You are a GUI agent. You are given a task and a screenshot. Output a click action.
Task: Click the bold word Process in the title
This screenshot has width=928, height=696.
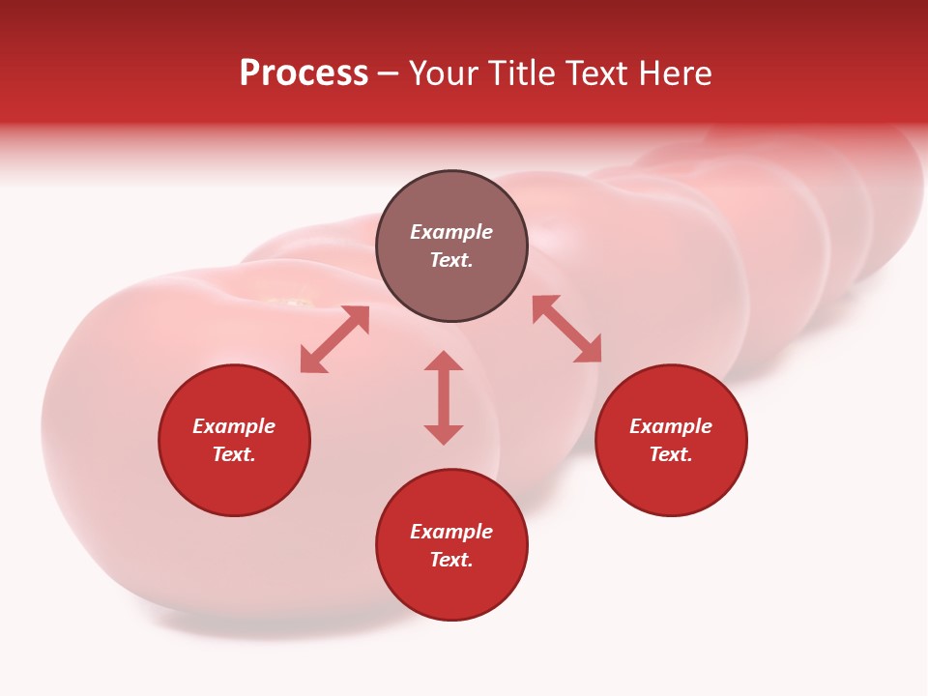click(304, 73)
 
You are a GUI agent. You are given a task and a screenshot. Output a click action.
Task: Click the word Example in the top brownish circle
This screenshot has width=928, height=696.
click(451, 232)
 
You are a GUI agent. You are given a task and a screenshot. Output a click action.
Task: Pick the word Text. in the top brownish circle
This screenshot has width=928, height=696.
click(451, 260)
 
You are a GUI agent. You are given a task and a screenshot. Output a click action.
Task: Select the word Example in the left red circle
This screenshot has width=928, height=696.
click(234, 426)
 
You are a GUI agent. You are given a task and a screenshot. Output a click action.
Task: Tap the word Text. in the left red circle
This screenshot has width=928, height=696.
click(234, 454)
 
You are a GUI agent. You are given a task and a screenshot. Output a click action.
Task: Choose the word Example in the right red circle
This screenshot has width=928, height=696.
click(671, 426)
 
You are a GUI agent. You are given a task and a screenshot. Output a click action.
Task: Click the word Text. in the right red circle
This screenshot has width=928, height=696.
click(671, 454)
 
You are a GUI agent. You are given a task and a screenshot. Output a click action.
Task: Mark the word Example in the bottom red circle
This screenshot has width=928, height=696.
click(451, 532)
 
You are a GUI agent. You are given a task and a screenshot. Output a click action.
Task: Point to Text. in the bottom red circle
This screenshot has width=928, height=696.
click(451, 560)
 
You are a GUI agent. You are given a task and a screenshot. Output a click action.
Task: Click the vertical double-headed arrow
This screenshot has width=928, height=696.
click(444, 397)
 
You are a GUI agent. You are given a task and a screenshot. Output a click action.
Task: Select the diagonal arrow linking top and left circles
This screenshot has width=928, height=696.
click(334, 339)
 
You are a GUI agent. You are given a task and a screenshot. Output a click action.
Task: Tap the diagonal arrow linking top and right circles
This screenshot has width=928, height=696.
click(566, 329)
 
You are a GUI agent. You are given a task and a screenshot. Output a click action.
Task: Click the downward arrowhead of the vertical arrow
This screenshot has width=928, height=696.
click(444, 434)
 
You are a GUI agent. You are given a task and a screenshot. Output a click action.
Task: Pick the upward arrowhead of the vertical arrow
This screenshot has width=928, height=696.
click(444, 362)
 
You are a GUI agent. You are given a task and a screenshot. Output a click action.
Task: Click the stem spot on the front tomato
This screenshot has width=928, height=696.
click(290, 304)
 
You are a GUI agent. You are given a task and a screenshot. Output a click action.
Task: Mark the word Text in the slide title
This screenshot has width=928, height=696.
click(595, 73)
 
